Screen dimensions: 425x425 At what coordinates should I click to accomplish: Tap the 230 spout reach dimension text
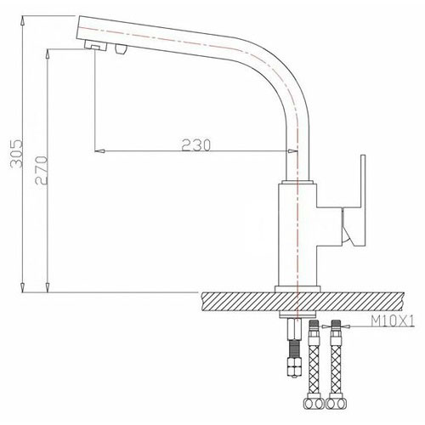pyautogui.click(x=196, y=145)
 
